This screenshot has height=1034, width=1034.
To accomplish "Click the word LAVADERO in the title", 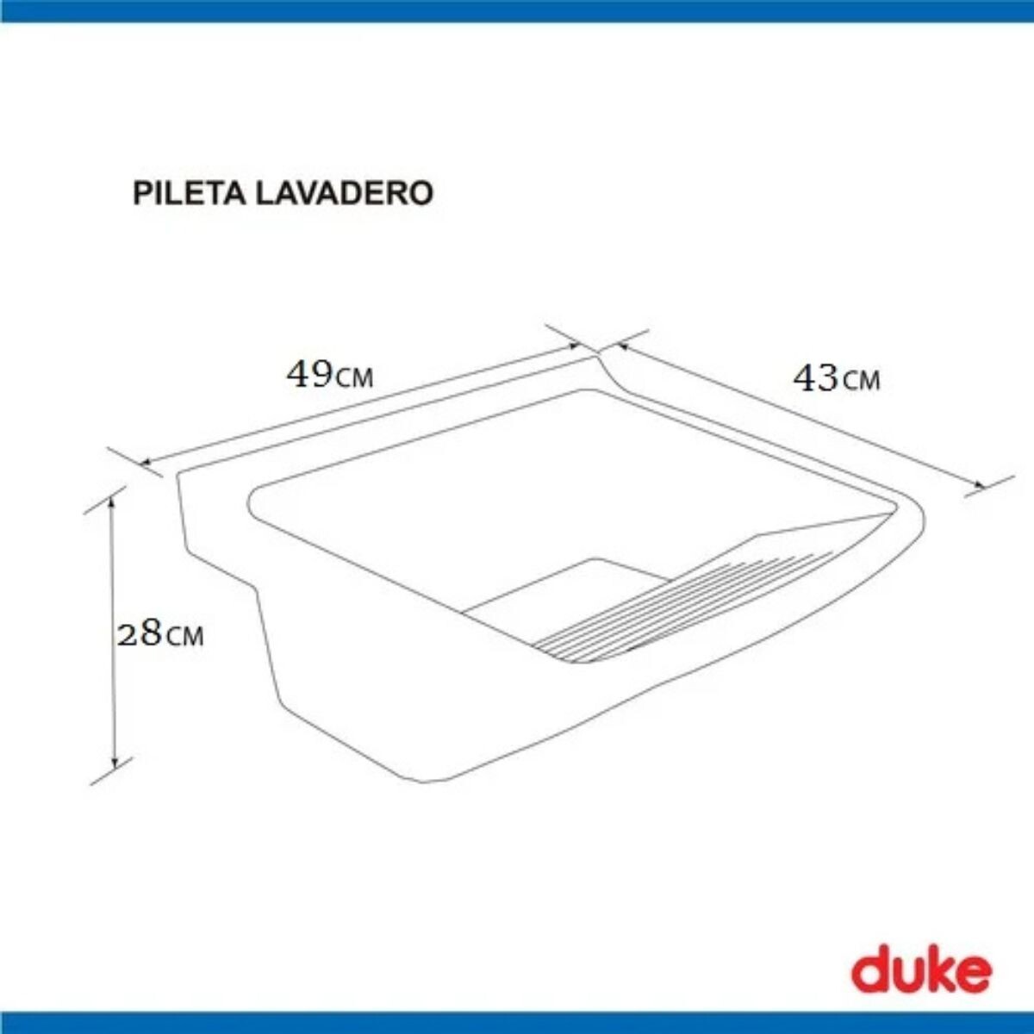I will (x=345, y=193).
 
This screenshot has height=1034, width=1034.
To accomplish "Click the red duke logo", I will (x=921, y=971).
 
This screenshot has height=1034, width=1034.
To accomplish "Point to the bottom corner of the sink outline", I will (x=422, y=782).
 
